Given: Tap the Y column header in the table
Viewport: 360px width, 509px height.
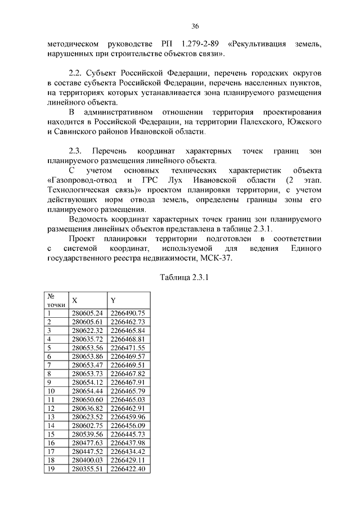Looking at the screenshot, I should click(x=113, y=300).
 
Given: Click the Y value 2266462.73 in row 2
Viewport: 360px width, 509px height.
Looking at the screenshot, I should click(x=128, y=322).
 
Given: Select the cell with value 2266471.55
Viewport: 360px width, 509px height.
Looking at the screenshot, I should click(x=128, y=348).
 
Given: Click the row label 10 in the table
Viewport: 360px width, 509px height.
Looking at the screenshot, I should click(x=51, y=391).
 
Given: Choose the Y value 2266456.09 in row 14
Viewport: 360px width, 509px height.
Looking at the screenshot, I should click(x=128, y=426).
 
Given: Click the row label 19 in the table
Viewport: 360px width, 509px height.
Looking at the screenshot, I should click(x=51, y=469).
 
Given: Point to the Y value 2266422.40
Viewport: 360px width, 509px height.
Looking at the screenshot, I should click(x=128, y=469).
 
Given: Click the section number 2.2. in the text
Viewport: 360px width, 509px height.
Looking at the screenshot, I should click(x=75, y=74).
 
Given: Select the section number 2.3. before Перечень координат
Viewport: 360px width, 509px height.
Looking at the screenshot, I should click(x=75, y=151).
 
